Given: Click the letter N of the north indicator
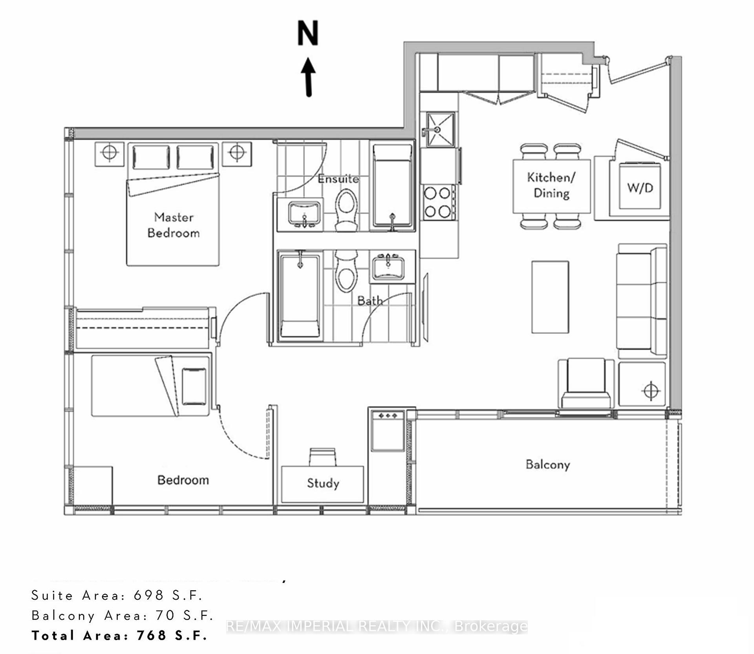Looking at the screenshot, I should pyautogui.click(x=307, y=33).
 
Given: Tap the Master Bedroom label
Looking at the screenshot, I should pyautogui.click(x=173, y=225).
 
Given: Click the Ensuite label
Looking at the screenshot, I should pyautogui.click(x=338, y=179).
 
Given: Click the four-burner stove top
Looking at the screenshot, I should pyautogui.click(x=438, y=203).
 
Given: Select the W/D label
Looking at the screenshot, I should pyautogui.click(x=640, y=188).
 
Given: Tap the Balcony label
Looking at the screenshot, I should pyautogui.click(x=547, y=465).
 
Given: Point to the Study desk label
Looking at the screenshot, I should pyautogui.click(x=323, y=483).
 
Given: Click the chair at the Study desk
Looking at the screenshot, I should pyautogui.click(x=323, y=457).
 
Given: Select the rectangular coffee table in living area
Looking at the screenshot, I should pyautogui.click(x=550, y=297).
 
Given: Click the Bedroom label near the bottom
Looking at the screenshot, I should pyautogui.click(x=183, y=480).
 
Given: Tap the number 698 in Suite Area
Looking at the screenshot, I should pyautogui.click(x=148, y=595).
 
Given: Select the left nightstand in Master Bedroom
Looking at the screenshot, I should pyautogui.click(x=110, y=154).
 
